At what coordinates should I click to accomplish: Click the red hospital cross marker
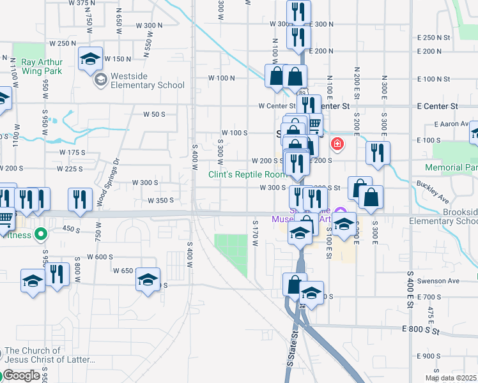pyautogui.click(x=337, y=146)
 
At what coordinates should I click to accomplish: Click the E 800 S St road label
pyautogui.click(x=422, y=329)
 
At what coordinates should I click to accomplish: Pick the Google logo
pyautogui.click(x=20, y=375)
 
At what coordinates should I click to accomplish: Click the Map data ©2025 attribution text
pyautogui.click(x=451, y=378)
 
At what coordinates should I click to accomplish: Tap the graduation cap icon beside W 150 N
pyautogui.click(x=90, y=59)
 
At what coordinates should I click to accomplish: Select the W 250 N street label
pyautogui.click(x=61, y=43)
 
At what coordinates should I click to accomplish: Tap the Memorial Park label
pyautogui.click(x=451, y=167)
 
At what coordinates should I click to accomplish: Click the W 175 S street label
pyautogui.click(x=72, y=153)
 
